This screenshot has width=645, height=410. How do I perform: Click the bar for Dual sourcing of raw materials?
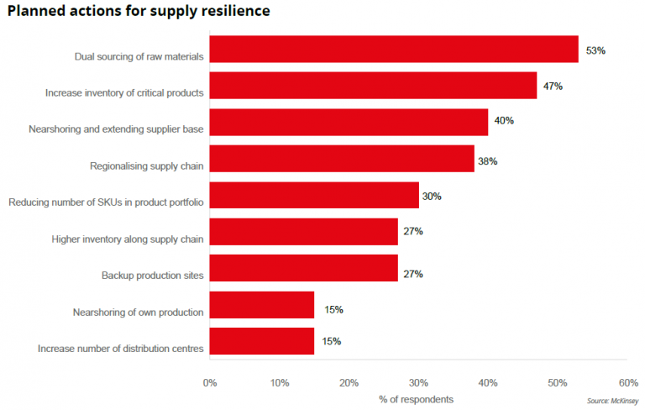click(x=393, y=50)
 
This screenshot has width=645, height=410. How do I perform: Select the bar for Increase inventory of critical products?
click(x=372, y=86)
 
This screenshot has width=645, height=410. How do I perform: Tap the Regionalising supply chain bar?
click(x=341, y=159)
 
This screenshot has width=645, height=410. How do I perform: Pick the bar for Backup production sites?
click(x=303, y=268)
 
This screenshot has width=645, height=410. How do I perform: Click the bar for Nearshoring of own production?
click(x=261, y=305)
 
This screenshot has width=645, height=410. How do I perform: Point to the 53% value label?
click(x=595, y=50)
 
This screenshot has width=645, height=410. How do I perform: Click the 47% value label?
click(x=553, y=87)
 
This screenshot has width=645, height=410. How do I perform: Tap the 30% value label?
click(x=432, y=197)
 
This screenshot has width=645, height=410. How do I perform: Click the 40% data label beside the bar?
click(x=504, y=121)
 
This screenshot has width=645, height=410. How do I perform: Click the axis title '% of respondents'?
click(x=416, y=398)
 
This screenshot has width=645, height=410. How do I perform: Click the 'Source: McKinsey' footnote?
click(x=612, y=401)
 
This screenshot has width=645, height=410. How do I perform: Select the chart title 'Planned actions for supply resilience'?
click(x=139, y=13)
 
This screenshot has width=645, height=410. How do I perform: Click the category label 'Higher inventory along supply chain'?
click(x=127, y=239)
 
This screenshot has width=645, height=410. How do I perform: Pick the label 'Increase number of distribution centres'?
click(x=121, y=348)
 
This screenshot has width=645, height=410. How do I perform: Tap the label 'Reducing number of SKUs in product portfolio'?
click(x=105, y=202)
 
